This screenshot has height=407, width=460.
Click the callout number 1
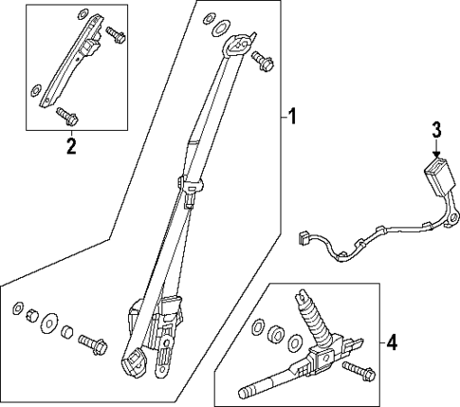[293, 116]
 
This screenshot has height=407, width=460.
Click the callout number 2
[71, 146]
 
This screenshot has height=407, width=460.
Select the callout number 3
[436, 130]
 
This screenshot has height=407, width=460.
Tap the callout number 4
[392, 342]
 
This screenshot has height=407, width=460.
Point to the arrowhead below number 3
[436, 155]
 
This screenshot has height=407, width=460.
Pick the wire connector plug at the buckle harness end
[304, 238]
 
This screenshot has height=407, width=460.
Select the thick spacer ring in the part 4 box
[274, 335]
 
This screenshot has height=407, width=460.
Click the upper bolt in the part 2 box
[116, 34]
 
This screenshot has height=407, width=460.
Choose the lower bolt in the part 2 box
[67, 116]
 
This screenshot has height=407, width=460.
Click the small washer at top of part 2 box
[83, 13]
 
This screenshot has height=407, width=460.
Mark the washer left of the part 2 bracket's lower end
[35, 90]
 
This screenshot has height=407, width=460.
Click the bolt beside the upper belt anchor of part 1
[263, 62]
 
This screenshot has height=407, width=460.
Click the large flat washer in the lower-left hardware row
[49, 324]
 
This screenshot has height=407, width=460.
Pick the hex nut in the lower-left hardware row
[32, 315]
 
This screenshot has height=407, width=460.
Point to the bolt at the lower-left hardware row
[93, 344]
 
